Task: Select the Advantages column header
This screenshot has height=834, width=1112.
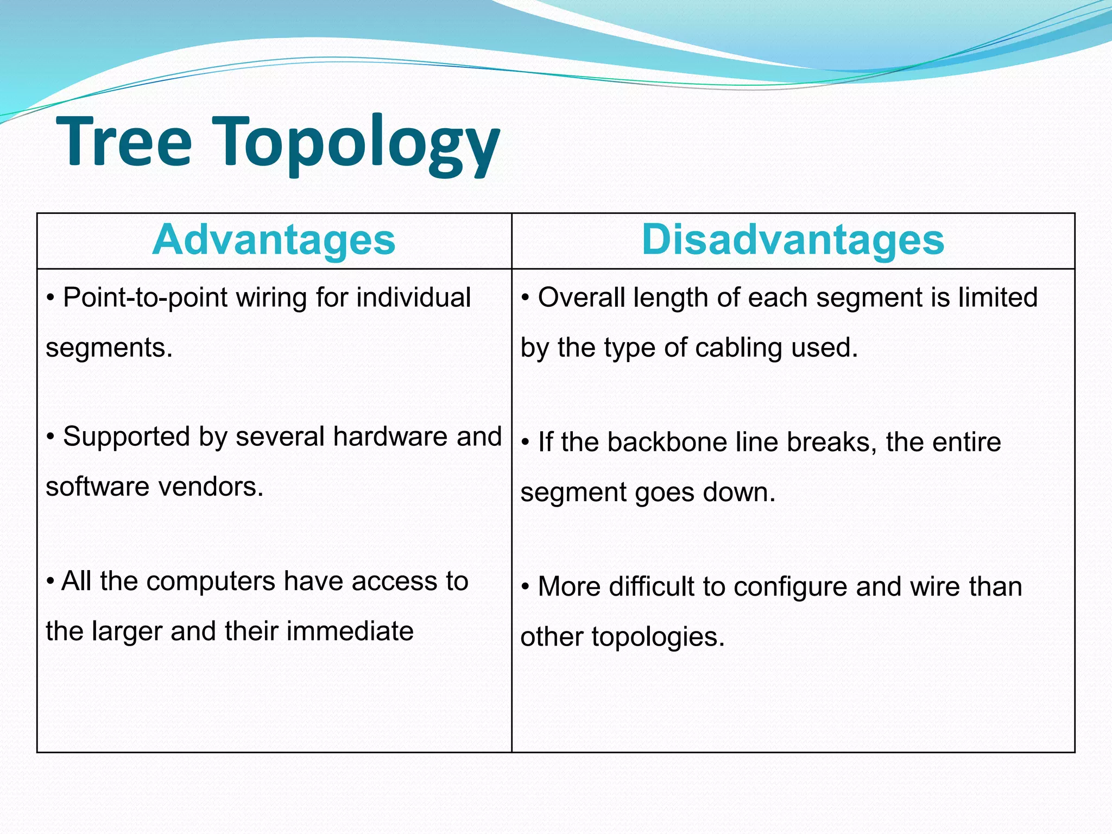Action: (274, 240)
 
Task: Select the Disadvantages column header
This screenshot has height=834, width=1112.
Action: (793, 240)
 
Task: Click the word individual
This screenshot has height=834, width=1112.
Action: (414, 298)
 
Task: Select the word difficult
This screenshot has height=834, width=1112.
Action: (652, 586)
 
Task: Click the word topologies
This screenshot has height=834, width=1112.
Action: (658, 637)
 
